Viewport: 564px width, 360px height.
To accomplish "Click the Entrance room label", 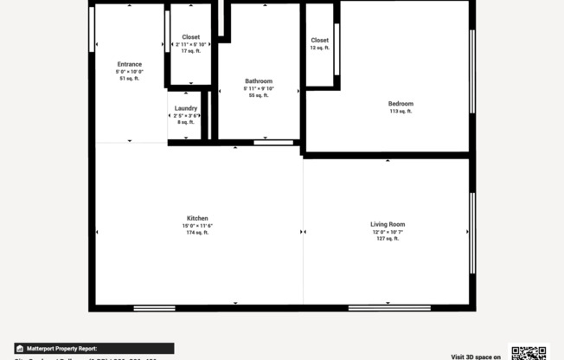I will click(129, 64).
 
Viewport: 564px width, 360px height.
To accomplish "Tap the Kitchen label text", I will click(197, 218).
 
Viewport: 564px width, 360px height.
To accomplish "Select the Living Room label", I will click(388, 224).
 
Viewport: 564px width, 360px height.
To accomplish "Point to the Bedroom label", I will click(401, 104).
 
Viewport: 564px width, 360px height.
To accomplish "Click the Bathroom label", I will click(259, 81).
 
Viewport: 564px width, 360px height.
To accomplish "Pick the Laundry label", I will click(186, 108).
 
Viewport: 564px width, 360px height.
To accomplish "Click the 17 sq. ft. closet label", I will click(190, 51).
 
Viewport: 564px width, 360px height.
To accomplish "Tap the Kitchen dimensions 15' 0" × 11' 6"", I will click(197, 226).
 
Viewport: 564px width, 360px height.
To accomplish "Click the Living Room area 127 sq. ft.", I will click(388, 238).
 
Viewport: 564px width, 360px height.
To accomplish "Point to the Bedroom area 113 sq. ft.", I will click(401, 112).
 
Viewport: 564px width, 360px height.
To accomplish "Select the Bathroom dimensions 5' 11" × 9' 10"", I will click(259, 88).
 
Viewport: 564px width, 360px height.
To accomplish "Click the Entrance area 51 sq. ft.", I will click(129, 79).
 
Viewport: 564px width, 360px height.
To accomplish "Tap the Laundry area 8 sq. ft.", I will click(186, 122).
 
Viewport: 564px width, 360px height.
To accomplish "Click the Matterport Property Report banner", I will click(94, 348).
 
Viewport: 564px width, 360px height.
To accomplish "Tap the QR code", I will click(529, 352).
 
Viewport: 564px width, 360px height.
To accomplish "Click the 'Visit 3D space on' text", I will click(475, 356).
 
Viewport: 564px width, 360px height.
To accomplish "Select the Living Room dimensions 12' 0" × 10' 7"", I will click(388, 232).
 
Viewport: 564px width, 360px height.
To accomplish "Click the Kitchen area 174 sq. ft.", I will click(197, 233).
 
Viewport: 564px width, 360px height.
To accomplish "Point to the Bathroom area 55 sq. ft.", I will click(259, 95).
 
